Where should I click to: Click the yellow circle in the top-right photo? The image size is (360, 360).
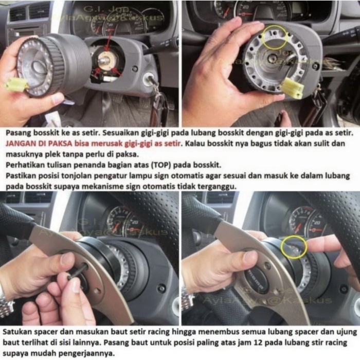(274, 37)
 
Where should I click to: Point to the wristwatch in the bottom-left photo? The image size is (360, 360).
(6, 303)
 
